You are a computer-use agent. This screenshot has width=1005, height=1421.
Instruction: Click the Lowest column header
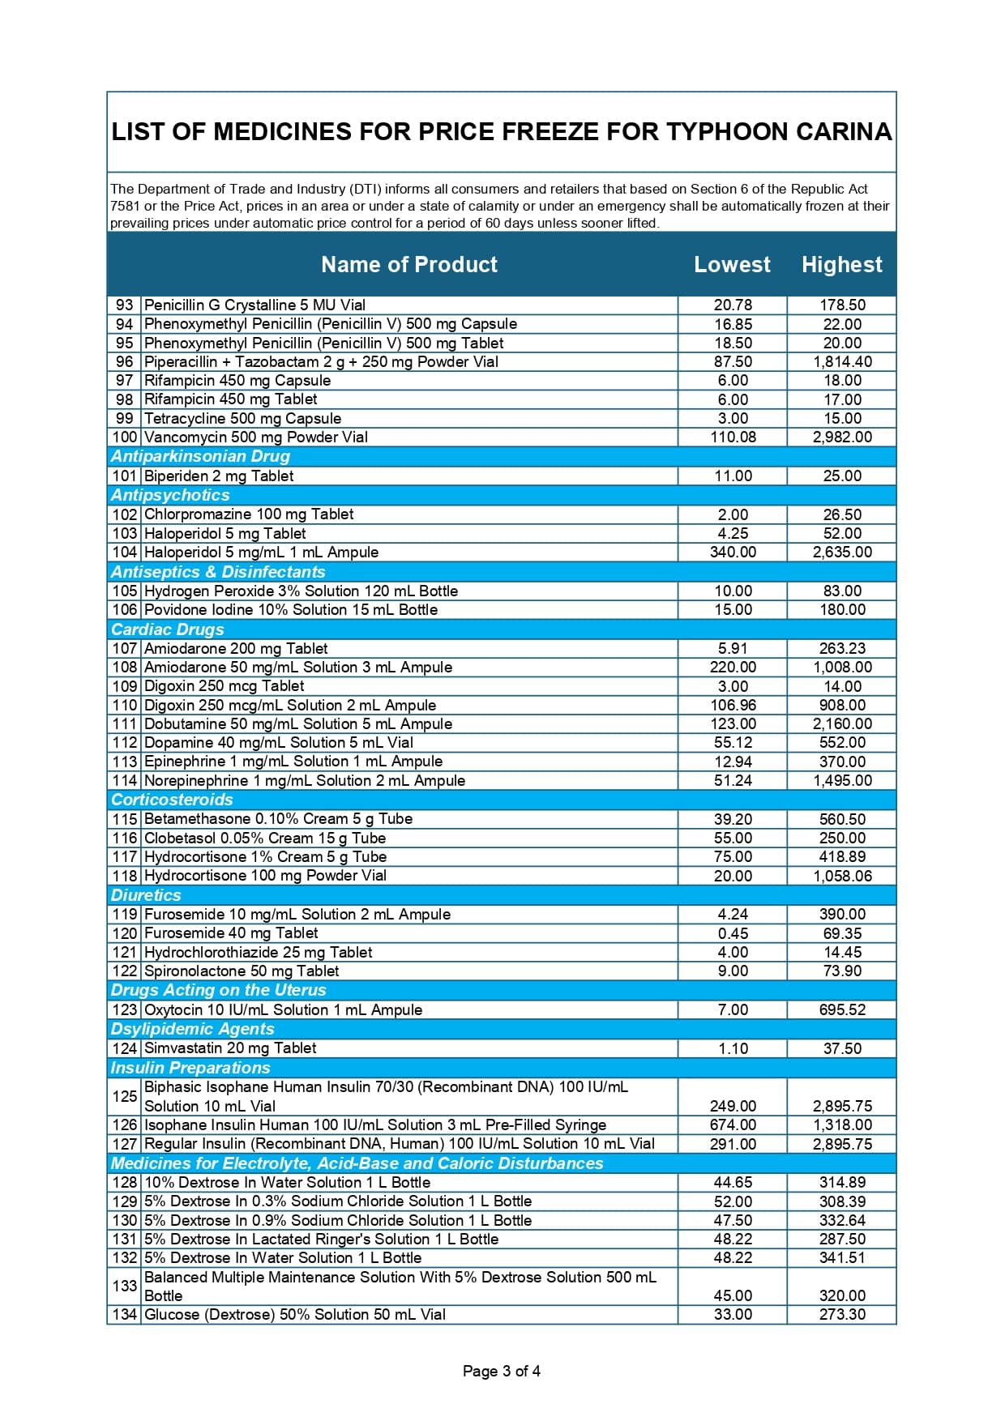(732, 265)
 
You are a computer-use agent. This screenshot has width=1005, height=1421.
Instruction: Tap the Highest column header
(841, 265)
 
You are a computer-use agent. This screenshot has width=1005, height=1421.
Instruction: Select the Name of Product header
(408, 265)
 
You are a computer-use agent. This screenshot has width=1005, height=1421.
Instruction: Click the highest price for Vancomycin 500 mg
(842, 437)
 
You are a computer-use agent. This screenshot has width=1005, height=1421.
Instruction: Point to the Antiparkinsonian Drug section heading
(200, 456)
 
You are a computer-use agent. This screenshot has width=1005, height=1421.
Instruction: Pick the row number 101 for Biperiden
(125, 476)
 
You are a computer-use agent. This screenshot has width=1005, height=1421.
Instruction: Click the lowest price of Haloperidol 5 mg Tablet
(733, 534)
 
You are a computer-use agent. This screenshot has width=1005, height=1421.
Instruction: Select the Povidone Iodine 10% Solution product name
(290, 610)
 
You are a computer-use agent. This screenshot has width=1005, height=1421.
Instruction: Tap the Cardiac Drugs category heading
(168, 629)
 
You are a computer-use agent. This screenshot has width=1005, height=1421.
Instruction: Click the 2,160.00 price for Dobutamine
(842, 724)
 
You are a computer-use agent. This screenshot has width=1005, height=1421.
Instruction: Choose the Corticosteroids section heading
(172, 800)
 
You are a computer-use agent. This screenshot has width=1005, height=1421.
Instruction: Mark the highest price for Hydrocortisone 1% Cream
(842, 857)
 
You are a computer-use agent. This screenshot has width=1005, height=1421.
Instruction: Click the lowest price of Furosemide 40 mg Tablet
(733, 933)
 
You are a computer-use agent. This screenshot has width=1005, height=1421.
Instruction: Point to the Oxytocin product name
(283, 1010)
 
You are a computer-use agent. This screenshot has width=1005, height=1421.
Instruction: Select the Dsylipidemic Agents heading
(193, 1029)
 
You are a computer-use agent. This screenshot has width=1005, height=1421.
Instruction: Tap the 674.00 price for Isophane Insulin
(733, 1125)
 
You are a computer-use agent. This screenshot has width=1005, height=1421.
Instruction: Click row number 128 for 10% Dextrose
(125, 1183)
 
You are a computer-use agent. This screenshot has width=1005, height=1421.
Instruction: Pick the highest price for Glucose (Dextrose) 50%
(842, 1315)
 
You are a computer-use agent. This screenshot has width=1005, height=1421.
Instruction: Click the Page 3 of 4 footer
(501, 1372)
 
